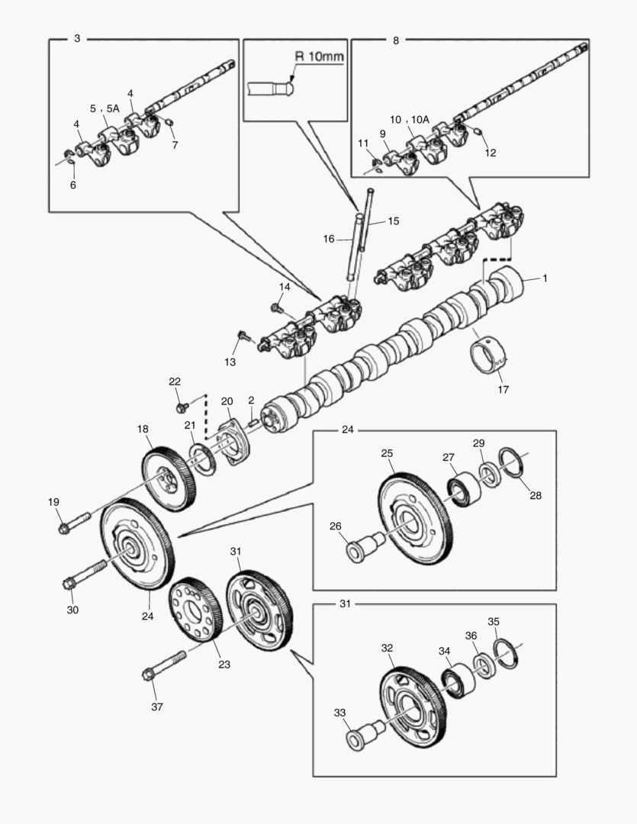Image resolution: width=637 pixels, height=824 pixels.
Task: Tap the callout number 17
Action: pos(503,389)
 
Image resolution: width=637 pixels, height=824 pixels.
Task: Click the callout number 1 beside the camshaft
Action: pos(545,278)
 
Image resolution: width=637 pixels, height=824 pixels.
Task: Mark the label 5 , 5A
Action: pos(105,108)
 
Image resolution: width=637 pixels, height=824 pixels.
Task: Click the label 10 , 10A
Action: pos(410,120)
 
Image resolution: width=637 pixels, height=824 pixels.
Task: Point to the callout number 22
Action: pos(175,381)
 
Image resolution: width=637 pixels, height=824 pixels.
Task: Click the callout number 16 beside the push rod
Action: pos(329,239)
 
